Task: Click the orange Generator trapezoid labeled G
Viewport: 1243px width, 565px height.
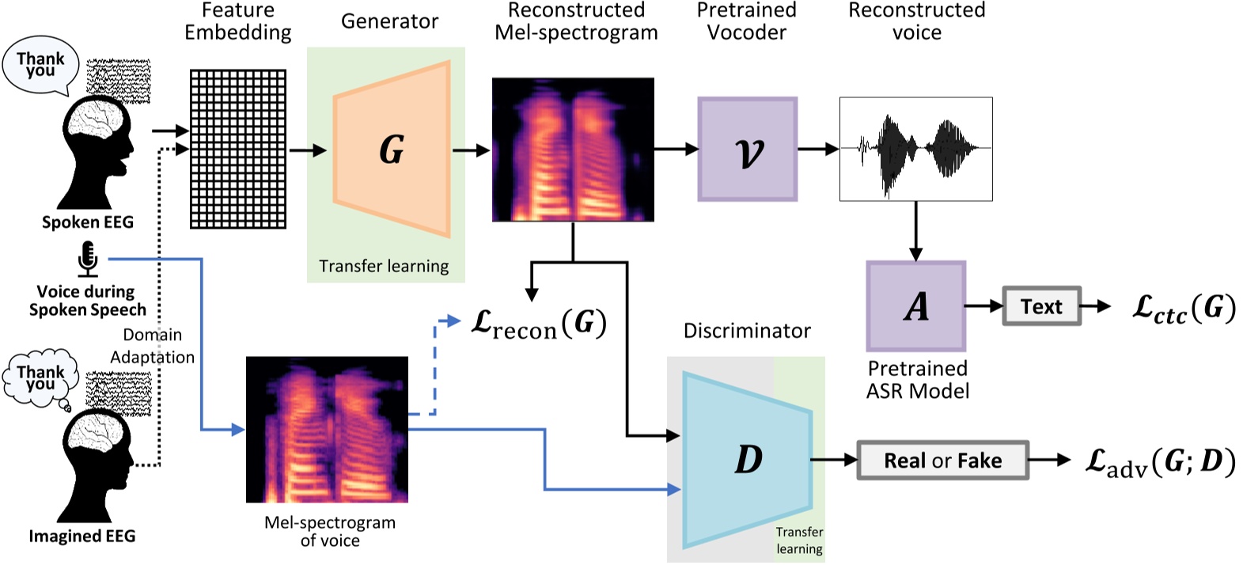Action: (392, 150)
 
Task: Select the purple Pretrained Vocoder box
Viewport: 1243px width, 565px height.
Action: (747, 150)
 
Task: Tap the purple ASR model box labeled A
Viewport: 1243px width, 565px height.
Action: (915, 306)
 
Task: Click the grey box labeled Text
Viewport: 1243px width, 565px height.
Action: (1041, 306)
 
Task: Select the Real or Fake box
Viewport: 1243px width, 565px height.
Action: (942, 461)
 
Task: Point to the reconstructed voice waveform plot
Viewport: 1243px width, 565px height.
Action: (915, 149)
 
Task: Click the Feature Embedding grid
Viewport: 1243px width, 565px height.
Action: (238, 149)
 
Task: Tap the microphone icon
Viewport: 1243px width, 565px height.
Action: (88, 260)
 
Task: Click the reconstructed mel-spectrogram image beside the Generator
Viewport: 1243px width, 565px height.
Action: (573, 150)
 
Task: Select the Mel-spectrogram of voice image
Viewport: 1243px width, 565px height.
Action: (327, 429)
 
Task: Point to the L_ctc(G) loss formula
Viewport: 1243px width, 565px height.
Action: (1183, 308)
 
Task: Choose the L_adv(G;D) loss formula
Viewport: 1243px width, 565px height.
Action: (1159, 461)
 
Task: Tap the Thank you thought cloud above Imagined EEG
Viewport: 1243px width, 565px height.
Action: (40, 378)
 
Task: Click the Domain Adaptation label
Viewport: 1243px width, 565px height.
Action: (153, 346)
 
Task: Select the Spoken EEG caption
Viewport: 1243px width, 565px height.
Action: (87, 222)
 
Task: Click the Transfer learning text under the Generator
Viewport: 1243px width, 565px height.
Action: (384, 266)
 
